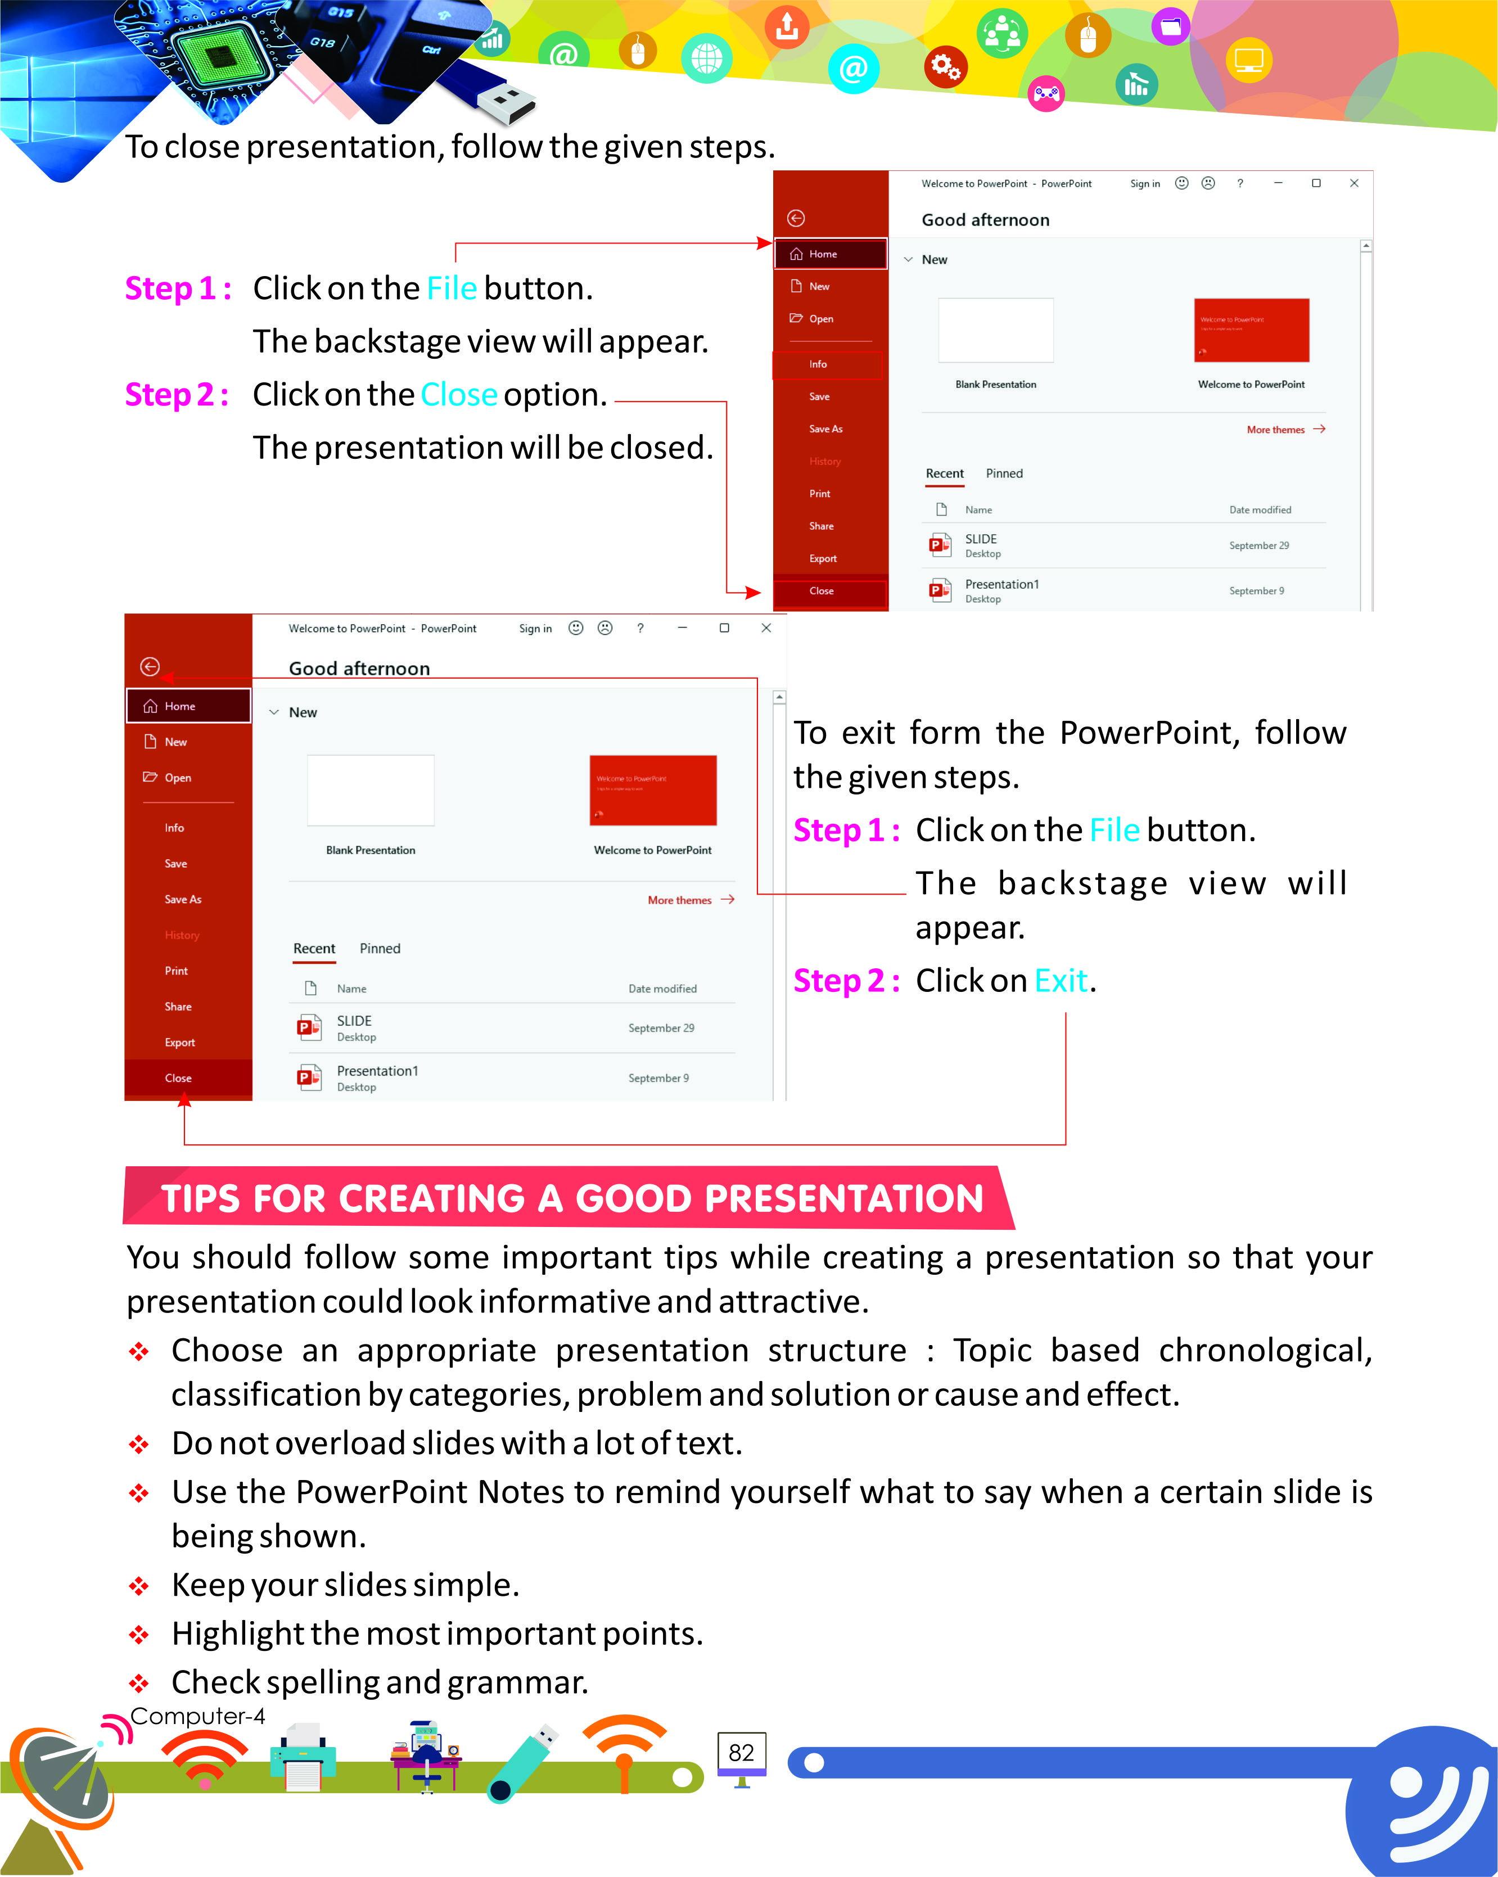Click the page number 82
(741, 1753)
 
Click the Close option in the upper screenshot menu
(822, 591)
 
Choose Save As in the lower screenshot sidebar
(183, 899)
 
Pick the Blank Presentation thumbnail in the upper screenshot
(996, 330)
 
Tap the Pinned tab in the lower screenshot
(380, 948)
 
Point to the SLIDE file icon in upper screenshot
(939, 545)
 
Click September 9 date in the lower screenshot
(658, 1078)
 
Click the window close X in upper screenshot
(1353, 183)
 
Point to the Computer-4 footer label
(197, 1716)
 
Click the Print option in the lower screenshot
(176, 971)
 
